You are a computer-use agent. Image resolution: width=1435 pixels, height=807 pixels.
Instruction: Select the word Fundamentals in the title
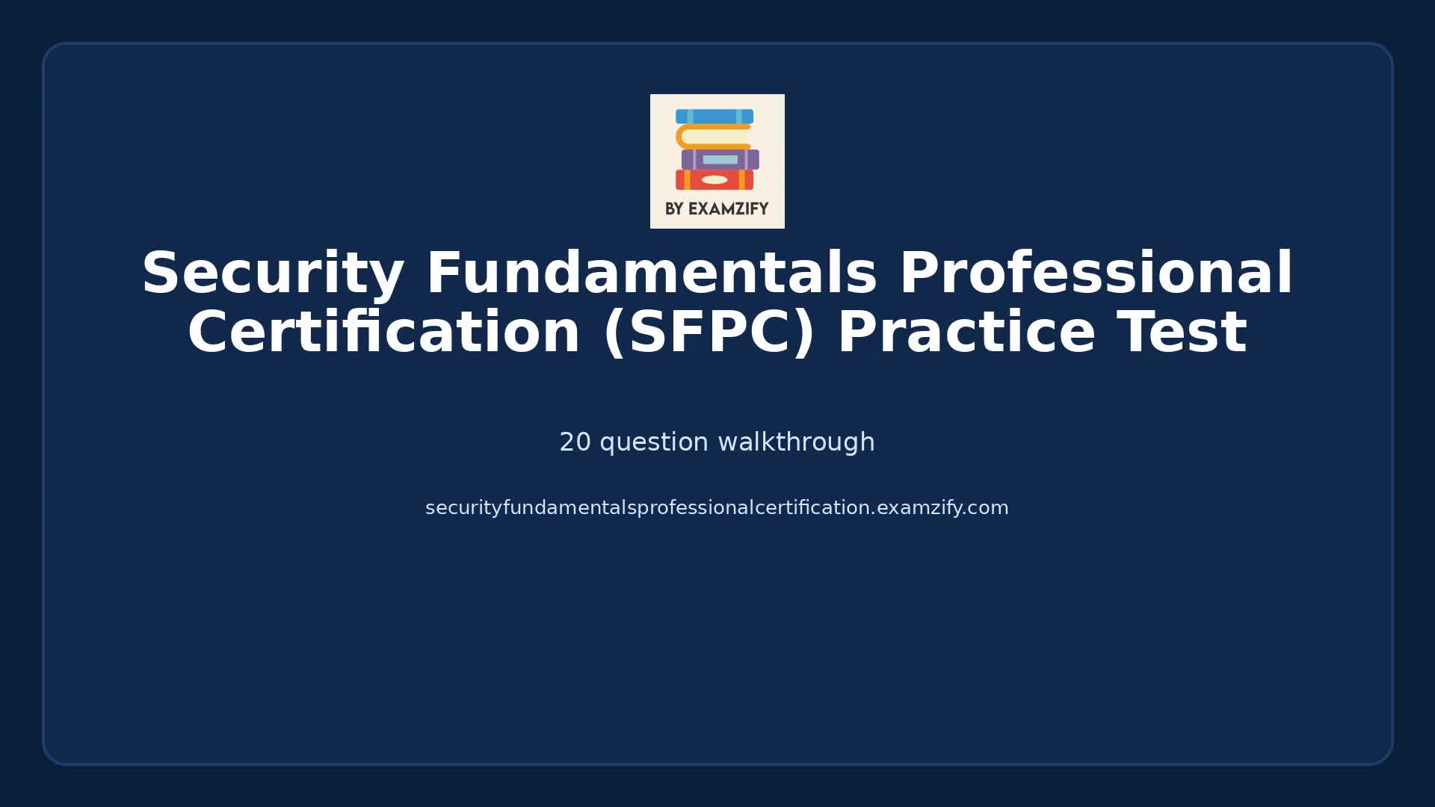[651, 273]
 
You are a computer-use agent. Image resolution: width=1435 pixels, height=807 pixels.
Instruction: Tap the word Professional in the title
[1096, 273]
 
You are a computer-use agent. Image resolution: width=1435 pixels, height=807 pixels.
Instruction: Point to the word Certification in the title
[383, 333]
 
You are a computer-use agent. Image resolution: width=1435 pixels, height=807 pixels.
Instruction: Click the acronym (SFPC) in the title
[709, 333]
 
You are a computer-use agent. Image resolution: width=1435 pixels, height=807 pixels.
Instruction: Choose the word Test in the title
[1182, 333]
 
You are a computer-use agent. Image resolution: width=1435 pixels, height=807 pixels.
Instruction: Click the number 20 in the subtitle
[575, 442]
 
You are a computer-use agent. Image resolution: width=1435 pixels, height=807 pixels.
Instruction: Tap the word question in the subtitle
[654, 442]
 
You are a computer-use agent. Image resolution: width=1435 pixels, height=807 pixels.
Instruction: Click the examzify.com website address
[717, 508]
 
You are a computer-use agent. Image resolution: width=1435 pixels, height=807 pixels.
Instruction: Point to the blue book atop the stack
[715, 117]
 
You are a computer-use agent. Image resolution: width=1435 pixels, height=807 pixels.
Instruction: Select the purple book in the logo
[720, 159]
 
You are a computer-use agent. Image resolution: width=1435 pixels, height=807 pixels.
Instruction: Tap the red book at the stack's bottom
[715, 179]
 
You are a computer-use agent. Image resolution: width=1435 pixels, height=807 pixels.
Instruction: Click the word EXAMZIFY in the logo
[728, 209]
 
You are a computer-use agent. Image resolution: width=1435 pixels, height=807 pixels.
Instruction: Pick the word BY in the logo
[674, 209]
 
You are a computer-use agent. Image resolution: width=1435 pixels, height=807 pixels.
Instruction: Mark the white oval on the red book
[715, 179]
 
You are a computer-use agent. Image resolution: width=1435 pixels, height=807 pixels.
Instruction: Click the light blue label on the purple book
[720, 159]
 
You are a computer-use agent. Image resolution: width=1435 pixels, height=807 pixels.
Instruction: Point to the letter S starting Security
[161, 273]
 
